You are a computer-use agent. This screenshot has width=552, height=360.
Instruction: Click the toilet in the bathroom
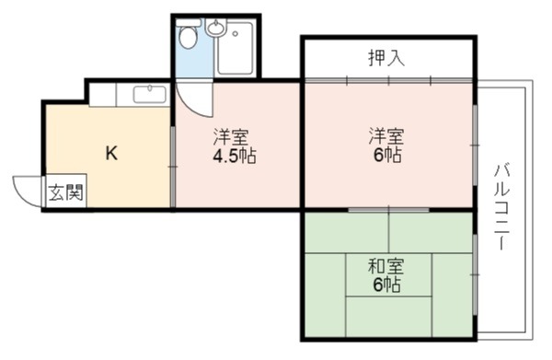point(189,34)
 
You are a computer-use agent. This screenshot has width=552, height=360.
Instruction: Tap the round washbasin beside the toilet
point(215,28)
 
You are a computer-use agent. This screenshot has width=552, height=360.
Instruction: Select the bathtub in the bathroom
point(235,48)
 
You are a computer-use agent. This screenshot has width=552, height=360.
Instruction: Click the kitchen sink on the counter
point(150,94)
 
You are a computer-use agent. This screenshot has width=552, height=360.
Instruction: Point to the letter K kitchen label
point(111,153)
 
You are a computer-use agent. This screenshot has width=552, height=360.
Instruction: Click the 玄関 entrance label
point(66,192)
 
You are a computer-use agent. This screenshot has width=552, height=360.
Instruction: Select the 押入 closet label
point(386,58)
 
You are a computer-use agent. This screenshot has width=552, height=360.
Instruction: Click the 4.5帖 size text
point(235,156)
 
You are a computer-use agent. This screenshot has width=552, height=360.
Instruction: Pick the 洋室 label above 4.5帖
point(231,137)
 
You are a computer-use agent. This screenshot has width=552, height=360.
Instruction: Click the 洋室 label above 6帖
point(386,136)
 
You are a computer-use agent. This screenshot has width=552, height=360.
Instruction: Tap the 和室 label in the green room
point(385,266)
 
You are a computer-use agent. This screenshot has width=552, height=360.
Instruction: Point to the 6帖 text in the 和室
point(387,285)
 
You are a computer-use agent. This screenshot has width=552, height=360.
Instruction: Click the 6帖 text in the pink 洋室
point(387,155)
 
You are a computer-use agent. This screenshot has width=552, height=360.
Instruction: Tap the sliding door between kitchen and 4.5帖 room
point(173,167)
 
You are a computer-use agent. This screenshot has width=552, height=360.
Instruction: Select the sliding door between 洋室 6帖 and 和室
point(388,210)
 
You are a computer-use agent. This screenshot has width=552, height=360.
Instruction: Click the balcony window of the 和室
point(476,274)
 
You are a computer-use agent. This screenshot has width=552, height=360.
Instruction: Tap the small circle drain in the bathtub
point(235,34)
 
